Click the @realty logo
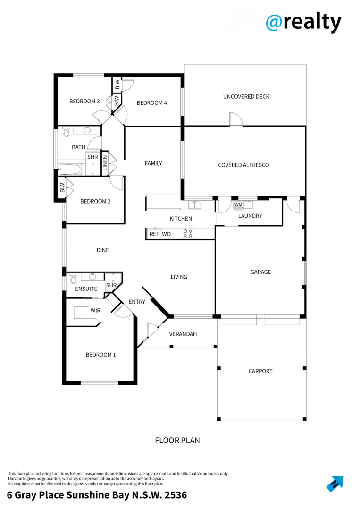303,22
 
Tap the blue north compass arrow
335,484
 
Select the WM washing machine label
238,204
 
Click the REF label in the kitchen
154,234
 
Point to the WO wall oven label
166,234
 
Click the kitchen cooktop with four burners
187,233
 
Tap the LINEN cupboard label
105,162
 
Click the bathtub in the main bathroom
70,169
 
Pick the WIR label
95,311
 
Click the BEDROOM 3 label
84,101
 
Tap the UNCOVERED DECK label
246,97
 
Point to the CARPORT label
260,371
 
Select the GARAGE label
260,272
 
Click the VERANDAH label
183,334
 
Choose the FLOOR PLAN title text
177,441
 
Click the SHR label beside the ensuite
111,285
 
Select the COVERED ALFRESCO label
243,165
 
